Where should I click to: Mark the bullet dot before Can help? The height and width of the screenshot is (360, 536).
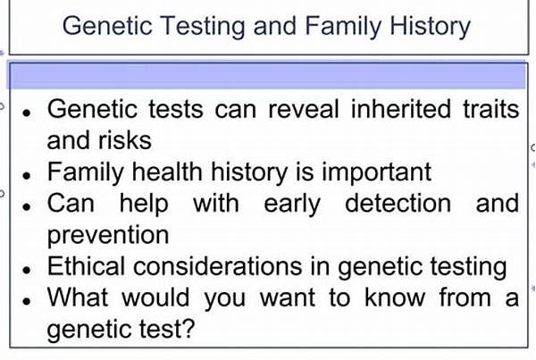[29, 205]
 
